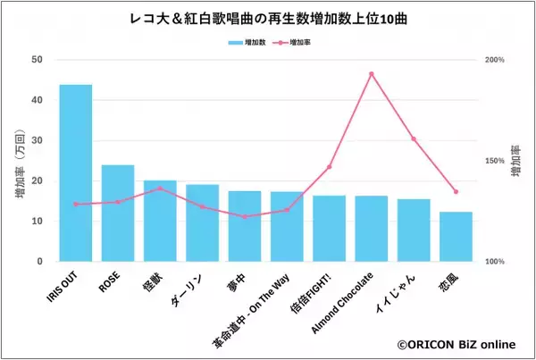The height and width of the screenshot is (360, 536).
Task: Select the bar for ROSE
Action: point(118,213)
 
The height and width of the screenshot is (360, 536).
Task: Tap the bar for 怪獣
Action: point(160,222)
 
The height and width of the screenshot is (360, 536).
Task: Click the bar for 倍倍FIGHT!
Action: point(329,229)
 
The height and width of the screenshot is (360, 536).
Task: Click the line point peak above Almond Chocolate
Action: point(372,74)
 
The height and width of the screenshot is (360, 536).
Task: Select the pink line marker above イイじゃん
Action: point(414,138)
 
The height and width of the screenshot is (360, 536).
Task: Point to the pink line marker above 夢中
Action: point(245,216)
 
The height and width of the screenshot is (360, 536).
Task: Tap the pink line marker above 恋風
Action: point(456,191)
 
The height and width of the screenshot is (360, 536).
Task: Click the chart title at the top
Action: point(267,19)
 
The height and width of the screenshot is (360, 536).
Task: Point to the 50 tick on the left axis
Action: point(38,60)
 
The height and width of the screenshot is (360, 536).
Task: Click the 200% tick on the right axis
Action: point(495,60)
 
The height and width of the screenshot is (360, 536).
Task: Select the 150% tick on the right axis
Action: point(495,161)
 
